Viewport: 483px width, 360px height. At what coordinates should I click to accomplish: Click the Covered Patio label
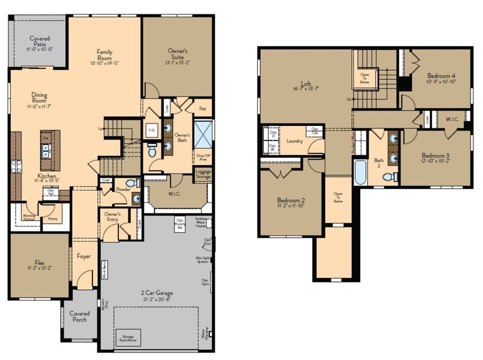pos(40,41)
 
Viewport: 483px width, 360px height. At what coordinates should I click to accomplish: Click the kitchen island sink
pos(46,154)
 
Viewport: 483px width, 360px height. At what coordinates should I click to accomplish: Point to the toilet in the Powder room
pos(137,184)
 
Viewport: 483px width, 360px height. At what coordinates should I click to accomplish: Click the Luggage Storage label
pos(203,173)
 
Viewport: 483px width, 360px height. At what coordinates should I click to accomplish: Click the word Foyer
pos(83,257)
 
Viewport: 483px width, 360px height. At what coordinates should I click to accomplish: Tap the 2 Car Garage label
pos(158,293)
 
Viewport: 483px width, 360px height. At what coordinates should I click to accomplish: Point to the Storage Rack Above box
pos(128,337)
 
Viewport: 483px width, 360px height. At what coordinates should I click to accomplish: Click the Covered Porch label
pos(79,316)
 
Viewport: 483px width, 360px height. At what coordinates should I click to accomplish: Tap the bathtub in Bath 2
pos(360,172)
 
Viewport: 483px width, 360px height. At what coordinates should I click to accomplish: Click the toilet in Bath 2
pos(388,177)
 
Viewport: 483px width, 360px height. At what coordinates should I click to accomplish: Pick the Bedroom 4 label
pos(440,76)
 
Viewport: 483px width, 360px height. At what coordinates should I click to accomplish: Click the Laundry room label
pos(294,141)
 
